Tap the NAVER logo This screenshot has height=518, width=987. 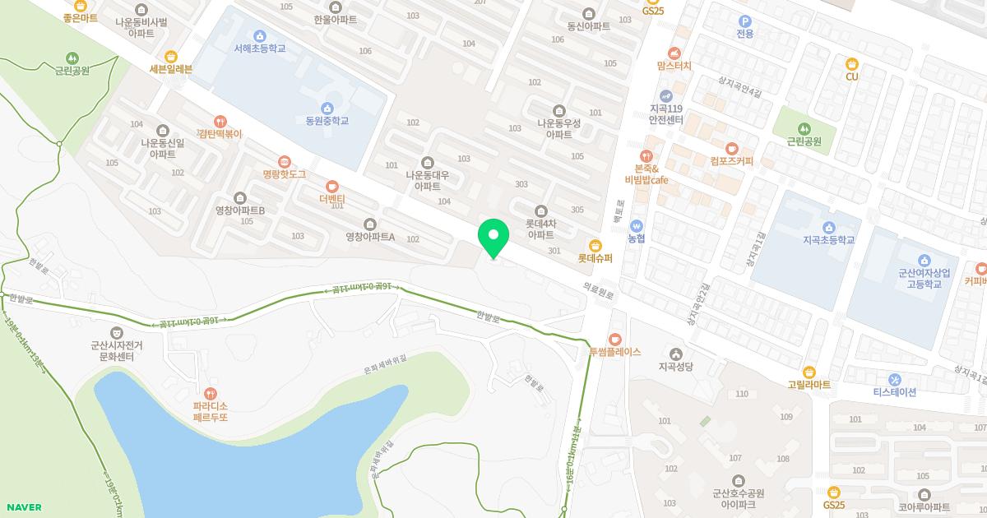pos(22,507)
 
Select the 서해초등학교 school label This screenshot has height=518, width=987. pos(259,49)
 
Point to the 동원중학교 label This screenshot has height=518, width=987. pos(327,121)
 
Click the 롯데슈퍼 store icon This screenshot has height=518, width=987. pos(595,244)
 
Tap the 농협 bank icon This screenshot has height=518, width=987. pos(636,225)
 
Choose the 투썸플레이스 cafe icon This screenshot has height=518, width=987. pos(614,339)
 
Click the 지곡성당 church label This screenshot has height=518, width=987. pos(676,367)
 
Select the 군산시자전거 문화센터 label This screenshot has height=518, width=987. pos(116,351)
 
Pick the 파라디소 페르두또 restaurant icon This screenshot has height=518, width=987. pos(211,394)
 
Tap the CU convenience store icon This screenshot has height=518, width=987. pos(852,63)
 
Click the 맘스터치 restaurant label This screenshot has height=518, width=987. pos(674,65)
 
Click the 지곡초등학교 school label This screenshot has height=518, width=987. pos(828,240)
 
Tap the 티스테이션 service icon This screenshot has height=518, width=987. pos(895,379)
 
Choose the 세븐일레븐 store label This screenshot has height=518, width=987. pos(170,69)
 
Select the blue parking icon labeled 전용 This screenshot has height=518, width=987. pos(745,22)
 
